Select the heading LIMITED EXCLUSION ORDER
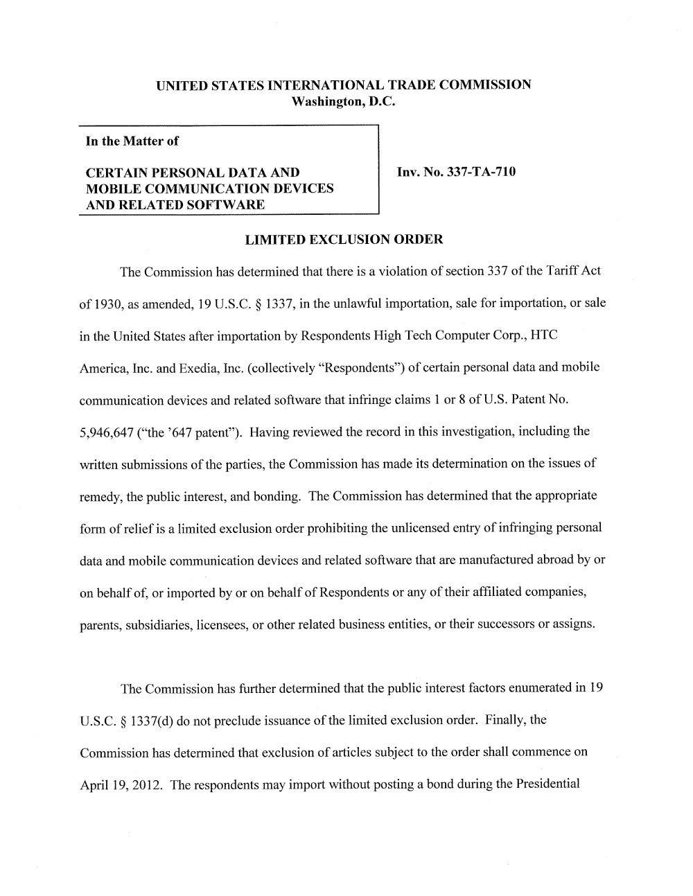[x=344, y=240]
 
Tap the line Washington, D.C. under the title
[x=343, y=102]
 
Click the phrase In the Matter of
[x=132, y=141]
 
